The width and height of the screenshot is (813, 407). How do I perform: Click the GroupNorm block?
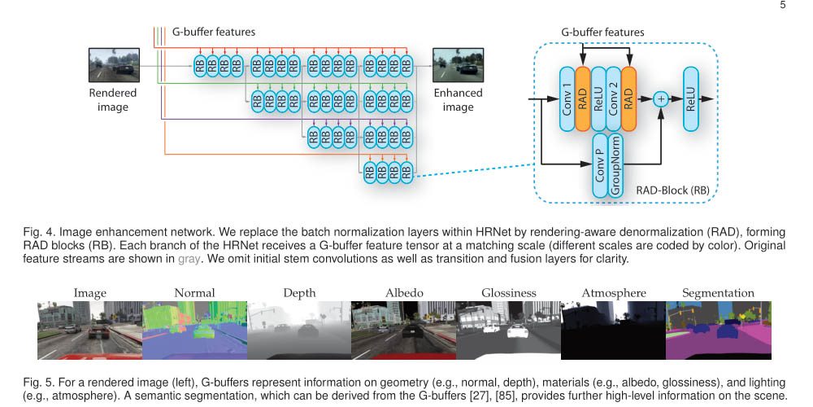tap(617, 168)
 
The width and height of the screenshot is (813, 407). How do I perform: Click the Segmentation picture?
tap(717, 331)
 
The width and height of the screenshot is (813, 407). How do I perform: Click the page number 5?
tap(782, 5)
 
